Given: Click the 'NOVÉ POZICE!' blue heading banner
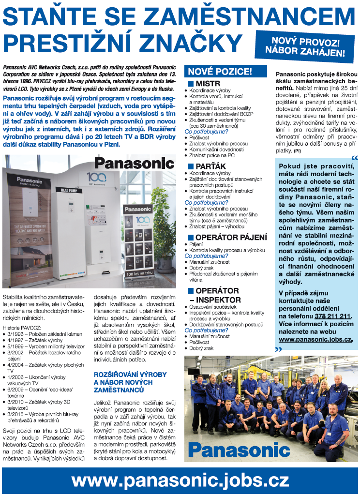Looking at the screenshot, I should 226,72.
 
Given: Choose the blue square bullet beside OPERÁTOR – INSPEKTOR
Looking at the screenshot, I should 190,291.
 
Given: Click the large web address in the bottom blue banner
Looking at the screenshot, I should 180,480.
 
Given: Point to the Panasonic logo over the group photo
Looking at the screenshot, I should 239,450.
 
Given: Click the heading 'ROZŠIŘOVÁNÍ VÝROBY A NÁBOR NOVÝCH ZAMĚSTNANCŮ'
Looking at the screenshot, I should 130,382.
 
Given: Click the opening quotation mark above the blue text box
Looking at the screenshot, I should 355,158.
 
